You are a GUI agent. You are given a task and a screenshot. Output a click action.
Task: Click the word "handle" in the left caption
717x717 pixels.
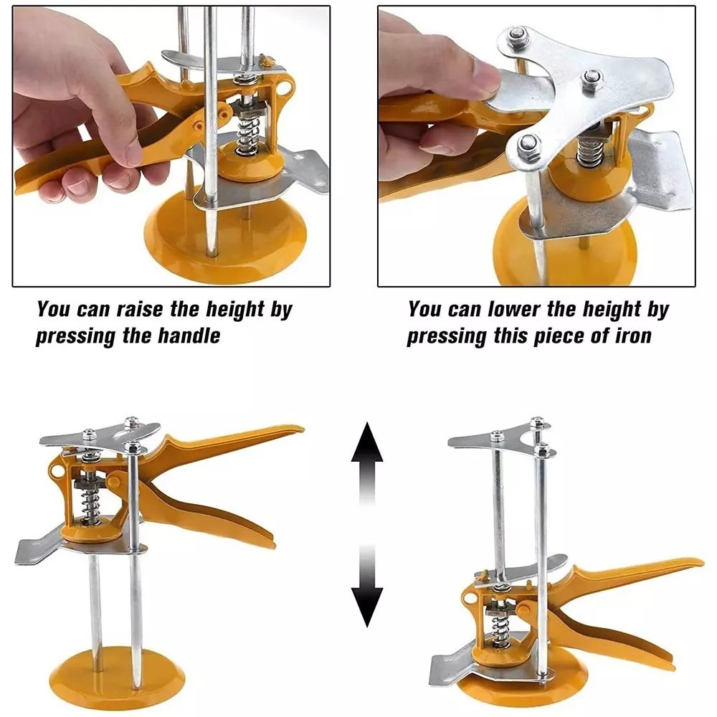click(189, 336)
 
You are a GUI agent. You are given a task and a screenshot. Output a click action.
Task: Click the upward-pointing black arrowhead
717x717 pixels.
click(366, 442)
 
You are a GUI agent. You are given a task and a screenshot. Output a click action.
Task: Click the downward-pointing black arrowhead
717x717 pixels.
click(366, 607)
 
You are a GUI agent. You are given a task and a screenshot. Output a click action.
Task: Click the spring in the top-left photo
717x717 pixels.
click(247, 136)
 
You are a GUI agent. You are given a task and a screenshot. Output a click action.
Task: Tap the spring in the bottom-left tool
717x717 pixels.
click(90, 506)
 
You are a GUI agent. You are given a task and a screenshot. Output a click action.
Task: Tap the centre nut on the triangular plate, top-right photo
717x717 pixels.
click(592, 79)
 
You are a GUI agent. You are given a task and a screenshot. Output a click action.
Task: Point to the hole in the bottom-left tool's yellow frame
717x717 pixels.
click(55, 471)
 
